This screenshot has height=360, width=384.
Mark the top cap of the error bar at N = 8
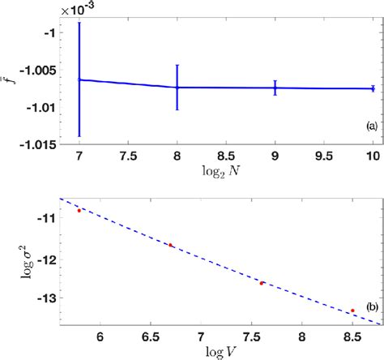[177, 65]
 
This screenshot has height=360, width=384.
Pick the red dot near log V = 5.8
[79, 210]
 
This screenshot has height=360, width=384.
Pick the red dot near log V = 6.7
[170, 245]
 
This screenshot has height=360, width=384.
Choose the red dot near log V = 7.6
[262, 283]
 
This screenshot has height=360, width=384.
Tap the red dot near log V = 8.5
[352, 311]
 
